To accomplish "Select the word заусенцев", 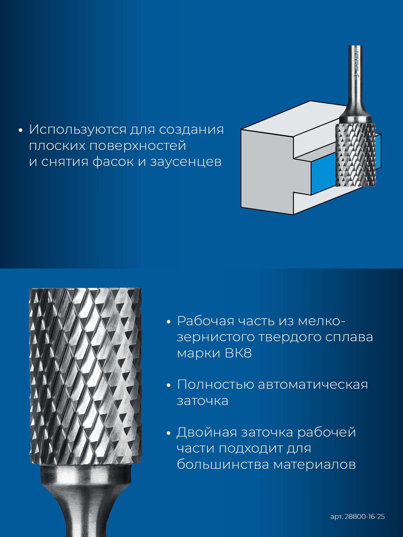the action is [186, 162].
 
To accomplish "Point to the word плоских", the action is [57, 146].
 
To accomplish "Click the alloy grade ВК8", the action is [238, 353].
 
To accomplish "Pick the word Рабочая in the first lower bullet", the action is [206, 321].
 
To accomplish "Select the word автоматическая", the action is [313, 385].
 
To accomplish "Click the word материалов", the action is [314, 465].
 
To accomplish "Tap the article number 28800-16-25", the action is [365, 517].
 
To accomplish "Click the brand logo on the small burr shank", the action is [356, 63].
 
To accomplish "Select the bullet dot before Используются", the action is [20, 130].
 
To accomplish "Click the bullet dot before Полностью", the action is [168, 385].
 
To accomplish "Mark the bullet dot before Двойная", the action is [168, 434].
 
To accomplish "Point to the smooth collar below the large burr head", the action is [86, 475].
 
